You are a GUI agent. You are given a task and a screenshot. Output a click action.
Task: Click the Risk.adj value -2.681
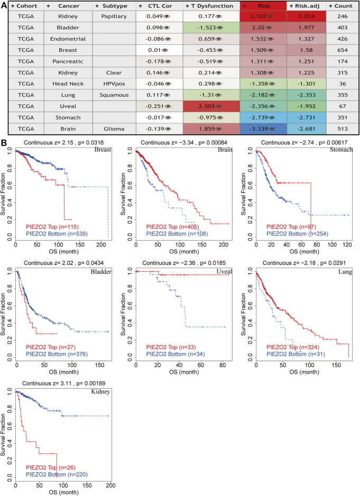[304, 128]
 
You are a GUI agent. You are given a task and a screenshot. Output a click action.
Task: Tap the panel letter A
[4, 5]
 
